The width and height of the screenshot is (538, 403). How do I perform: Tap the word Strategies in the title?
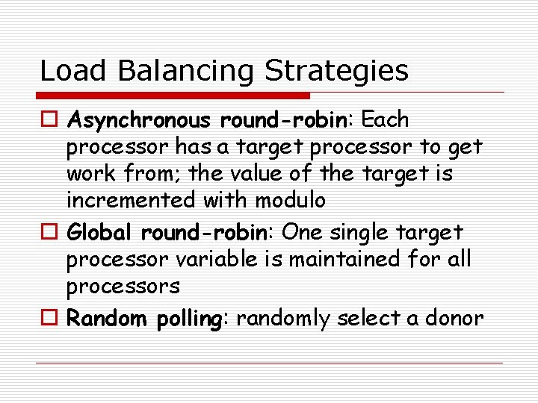(x=337, y=71)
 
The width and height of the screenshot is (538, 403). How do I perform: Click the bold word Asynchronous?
(x=139, y=119)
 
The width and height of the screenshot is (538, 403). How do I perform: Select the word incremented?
(x=132, y=200)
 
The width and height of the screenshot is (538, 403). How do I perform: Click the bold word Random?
(x=107, y=319)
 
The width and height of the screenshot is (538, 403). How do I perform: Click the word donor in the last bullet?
(x=456, y=319)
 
